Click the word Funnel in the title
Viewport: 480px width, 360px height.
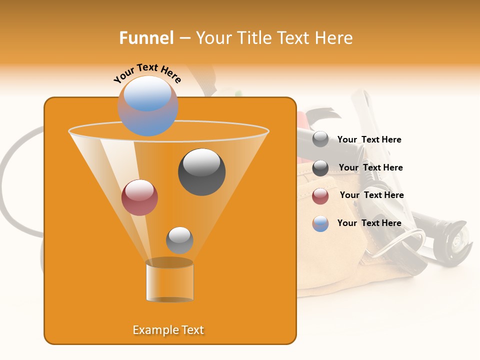[x=146, y=37]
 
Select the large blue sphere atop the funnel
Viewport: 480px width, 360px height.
[x=148, y=105]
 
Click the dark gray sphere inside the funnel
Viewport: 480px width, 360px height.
[x=201, y=171]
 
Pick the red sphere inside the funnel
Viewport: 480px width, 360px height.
[x=139, y=197]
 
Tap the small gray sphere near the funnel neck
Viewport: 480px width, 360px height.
[x=179, y=240]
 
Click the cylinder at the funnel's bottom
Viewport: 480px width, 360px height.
[x=169, y=281]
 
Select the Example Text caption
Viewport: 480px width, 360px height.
[x=168, y=330]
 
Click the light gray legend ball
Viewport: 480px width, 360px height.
[x=320, y=139]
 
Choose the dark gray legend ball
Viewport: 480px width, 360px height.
[x=320, y=168]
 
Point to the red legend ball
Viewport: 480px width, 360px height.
[x=320, y=196]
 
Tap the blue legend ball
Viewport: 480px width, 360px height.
[x=320, y=223]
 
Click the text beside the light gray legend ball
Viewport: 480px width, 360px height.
[x=369, y=140]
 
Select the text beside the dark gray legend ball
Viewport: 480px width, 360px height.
[x=370, y=168]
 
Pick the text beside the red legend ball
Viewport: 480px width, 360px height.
[x=371, y=195]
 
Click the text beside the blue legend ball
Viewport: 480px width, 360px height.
[x=369, y=223]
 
